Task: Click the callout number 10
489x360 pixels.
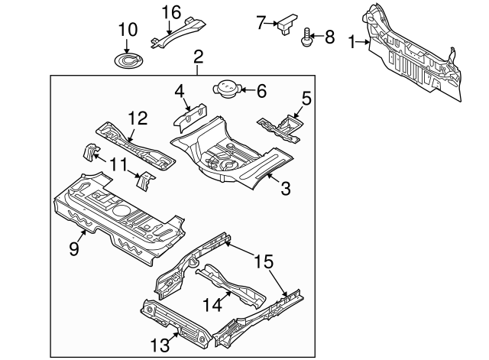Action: [128, 30]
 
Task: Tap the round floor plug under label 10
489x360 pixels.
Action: [128, 59]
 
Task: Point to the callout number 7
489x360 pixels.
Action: [261, 22]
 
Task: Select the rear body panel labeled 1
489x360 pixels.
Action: [416, 54]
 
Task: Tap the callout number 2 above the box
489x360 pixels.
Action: [199, 56]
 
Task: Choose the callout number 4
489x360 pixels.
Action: [180, 92]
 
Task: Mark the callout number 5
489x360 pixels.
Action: [306, 98]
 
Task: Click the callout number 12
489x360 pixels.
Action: [137, 118]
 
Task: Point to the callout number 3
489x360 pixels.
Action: [285, 188]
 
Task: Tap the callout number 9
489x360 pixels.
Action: [74, 248]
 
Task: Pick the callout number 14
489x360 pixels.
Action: [210, 304]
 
